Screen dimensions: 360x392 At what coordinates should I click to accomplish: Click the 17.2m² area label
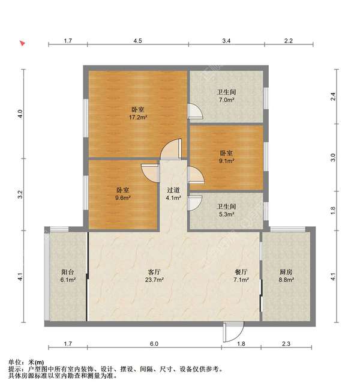pos(138,117)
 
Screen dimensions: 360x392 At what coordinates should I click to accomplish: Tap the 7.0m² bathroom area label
pos(227,100)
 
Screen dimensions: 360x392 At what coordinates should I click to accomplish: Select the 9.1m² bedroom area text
pos(227,161)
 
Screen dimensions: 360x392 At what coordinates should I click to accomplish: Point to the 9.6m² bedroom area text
pos(123,198)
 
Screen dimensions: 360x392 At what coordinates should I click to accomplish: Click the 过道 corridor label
pos(173,190)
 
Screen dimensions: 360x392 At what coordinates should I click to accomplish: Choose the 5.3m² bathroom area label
pos(227,214)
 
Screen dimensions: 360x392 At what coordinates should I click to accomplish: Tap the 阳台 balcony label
pos(68,272)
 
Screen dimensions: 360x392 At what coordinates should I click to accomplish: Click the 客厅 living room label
pos(154,272)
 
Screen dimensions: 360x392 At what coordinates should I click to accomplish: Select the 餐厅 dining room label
pos(241,272)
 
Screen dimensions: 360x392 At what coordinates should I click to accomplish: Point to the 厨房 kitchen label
pos(286,272)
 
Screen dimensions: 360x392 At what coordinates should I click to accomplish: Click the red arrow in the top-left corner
pos(22,43)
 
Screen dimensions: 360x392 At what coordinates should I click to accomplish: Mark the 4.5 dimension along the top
pos(137,41)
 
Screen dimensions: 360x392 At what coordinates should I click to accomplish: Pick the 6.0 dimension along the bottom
pos(154,344)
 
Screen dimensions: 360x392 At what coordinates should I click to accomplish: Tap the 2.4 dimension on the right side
pos(333,97)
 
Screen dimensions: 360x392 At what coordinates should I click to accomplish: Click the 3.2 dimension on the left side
pos(21,194)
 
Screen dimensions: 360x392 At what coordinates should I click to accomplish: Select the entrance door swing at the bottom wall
pos(233,332)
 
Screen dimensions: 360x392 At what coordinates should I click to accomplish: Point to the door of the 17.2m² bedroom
pos(171,149)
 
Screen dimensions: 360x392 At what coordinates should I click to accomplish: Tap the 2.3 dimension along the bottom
pos(286,344)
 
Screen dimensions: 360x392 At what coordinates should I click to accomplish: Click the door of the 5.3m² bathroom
pos(194,203)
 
